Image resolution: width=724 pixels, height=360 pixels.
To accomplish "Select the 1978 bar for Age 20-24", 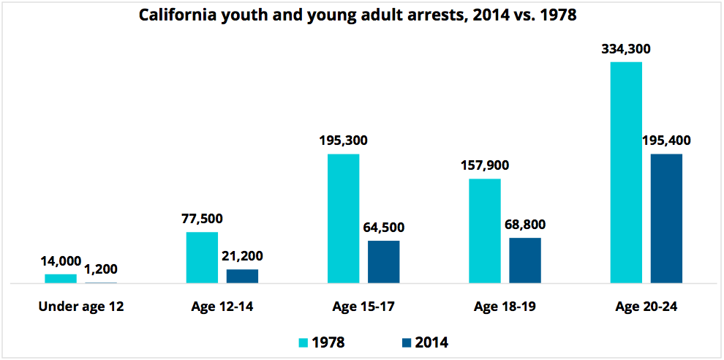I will click(x=626, y=173).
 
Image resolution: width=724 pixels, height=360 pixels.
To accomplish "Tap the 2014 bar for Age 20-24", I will click(x=666, y=218).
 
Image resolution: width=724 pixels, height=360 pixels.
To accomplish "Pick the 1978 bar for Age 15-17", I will click(x=343, y=218).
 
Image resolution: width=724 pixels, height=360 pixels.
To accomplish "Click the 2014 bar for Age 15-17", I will click(x=383, y=261).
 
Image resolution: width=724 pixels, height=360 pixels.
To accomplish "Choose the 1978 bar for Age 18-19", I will click(x=485, y=230).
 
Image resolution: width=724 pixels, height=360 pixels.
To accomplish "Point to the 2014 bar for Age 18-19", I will click(x=525, y=260).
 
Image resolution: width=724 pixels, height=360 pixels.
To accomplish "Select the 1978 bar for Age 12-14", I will click(x=202, y=257).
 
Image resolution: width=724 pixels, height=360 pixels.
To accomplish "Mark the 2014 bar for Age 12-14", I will click(x=242, y=276).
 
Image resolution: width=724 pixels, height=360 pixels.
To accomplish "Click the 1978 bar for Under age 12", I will click(x=61, y=278).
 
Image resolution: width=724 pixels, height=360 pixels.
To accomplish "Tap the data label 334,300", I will click(x=625, y=50).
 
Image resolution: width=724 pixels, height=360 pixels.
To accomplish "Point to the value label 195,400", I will click(x=666, y=140).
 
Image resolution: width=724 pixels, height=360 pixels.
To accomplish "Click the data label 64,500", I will click(x=383, y=228).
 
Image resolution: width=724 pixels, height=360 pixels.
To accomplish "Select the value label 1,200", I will click(x=102, y=269).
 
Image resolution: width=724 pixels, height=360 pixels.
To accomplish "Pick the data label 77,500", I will click(x=202, y=219).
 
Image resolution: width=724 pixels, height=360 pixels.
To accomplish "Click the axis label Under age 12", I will click(x=81, y=307).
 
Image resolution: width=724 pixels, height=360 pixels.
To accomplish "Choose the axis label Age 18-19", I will click(x=505, y=307).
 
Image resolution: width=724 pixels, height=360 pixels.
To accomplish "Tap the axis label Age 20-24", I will click(x=646, y=307).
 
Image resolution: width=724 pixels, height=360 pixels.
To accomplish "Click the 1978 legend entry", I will click(x=322, y=342).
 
